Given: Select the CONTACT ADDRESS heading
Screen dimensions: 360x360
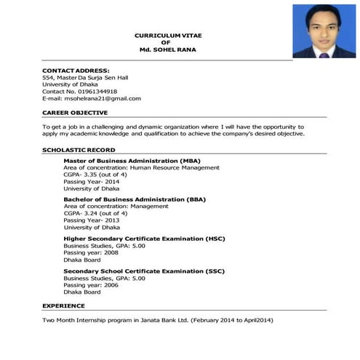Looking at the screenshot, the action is (x=76, y=70).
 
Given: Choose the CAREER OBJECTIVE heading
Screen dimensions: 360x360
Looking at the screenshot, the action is (x=75, y=113).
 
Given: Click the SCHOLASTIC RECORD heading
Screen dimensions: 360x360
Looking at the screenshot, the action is (x=79, y=149).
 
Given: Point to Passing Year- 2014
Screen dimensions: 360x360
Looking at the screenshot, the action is (x=92, y=182).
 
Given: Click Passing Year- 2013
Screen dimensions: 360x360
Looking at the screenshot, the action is (x=92, y=220).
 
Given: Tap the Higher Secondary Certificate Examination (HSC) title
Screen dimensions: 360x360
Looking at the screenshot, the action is (x=144, y=239).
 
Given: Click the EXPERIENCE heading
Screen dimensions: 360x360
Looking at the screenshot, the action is (x=63, y=306).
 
